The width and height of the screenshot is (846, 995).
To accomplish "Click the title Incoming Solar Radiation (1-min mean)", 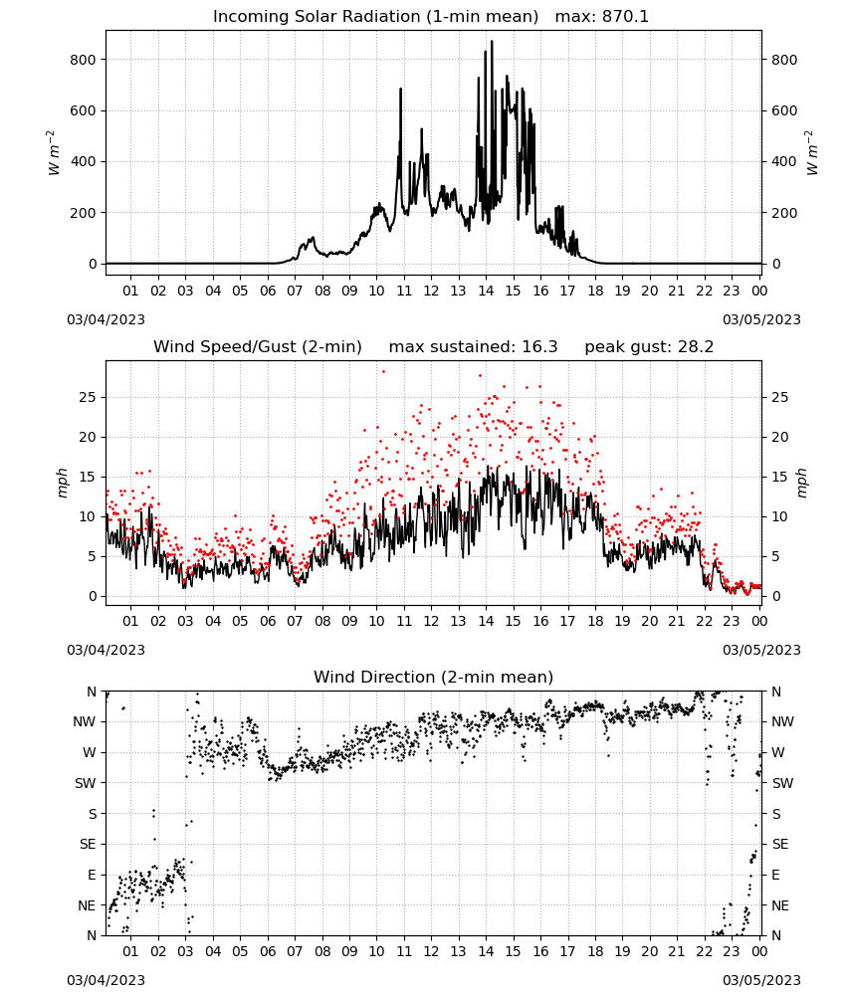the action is click(375, 17).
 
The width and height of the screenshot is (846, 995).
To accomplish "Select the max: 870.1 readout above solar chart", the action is click(602, 17).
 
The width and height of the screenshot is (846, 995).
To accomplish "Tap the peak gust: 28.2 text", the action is click(649, 347).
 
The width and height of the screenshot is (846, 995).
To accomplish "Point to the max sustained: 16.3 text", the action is click(473, 347).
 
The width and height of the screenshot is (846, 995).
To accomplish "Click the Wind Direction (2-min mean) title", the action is click(434, 677).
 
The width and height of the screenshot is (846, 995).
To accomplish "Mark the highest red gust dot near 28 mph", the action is click(383, 372).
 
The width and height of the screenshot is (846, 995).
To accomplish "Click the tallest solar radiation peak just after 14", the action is click(492, 42).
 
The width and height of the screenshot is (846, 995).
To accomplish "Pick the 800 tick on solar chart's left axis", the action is click(84, 60).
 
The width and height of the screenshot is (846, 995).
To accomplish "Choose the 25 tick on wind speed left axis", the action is click(89, 397).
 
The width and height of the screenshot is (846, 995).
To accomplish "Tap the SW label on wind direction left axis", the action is click(86, 783).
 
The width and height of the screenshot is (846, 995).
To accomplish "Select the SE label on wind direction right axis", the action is click(780, 844).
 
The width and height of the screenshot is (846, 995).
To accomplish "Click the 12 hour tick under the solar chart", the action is click(431, 291).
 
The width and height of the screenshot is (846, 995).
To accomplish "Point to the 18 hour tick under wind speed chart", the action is click(595, 621).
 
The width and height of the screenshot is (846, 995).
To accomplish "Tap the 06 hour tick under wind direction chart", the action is click(268, 951).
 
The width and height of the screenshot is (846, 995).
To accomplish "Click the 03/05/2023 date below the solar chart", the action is click(761, 319).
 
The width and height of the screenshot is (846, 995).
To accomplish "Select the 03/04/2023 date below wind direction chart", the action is click(106, 980).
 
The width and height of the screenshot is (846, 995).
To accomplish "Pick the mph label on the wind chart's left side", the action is click(62, 483).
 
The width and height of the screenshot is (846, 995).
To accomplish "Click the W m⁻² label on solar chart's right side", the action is click(812, 152).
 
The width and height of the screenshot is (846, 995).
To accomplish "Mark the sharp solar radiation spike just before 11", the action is click(400, 90).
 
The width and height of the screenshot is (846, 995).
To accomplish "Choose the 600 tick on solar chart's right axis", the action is click(784, 110).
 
